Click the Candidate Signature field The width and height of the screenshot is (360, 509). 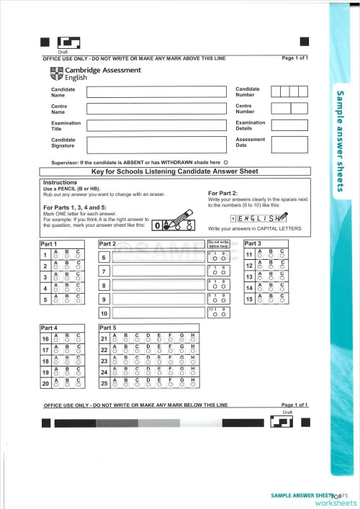[156, 143]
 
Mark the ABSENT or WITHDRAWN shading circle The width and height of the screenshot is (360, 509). [226, 163]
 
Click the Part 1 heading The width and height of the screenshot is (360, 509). [49, 243]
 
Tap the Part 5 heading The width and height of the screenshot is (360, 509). [108, 328]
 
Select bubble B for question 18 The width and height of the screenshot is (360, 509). [68, 363]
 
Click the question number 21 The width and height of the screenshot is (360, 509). [104, 338]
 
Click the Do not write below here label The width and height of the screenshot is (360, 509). [219, 244]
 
